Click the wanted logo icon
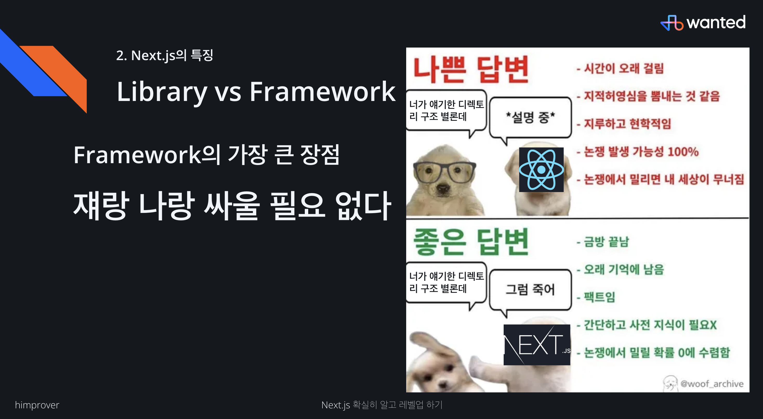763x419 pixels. [672, 23]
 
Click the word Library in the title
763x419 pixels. [162, 92]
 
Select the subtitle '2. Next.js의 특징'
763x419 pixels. [165, 55]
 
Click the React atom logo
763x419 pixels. [541, 170]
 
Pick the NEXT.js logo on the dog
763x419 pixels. [537, 345]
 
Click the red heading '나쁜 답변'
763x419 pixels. [471, 70]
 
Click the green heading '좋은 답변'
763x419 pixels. [471, 242]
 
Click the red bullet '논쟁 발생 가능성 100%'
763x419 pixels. [638, 152]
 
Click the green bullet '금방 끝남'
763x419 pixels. [602, 242]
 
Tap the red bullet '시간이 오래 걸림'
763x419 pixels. [620, 68]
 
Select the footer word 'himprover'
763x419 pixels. [37, 405]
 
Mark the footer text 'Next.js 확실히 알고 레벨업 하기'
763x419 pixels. [382, 405]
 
